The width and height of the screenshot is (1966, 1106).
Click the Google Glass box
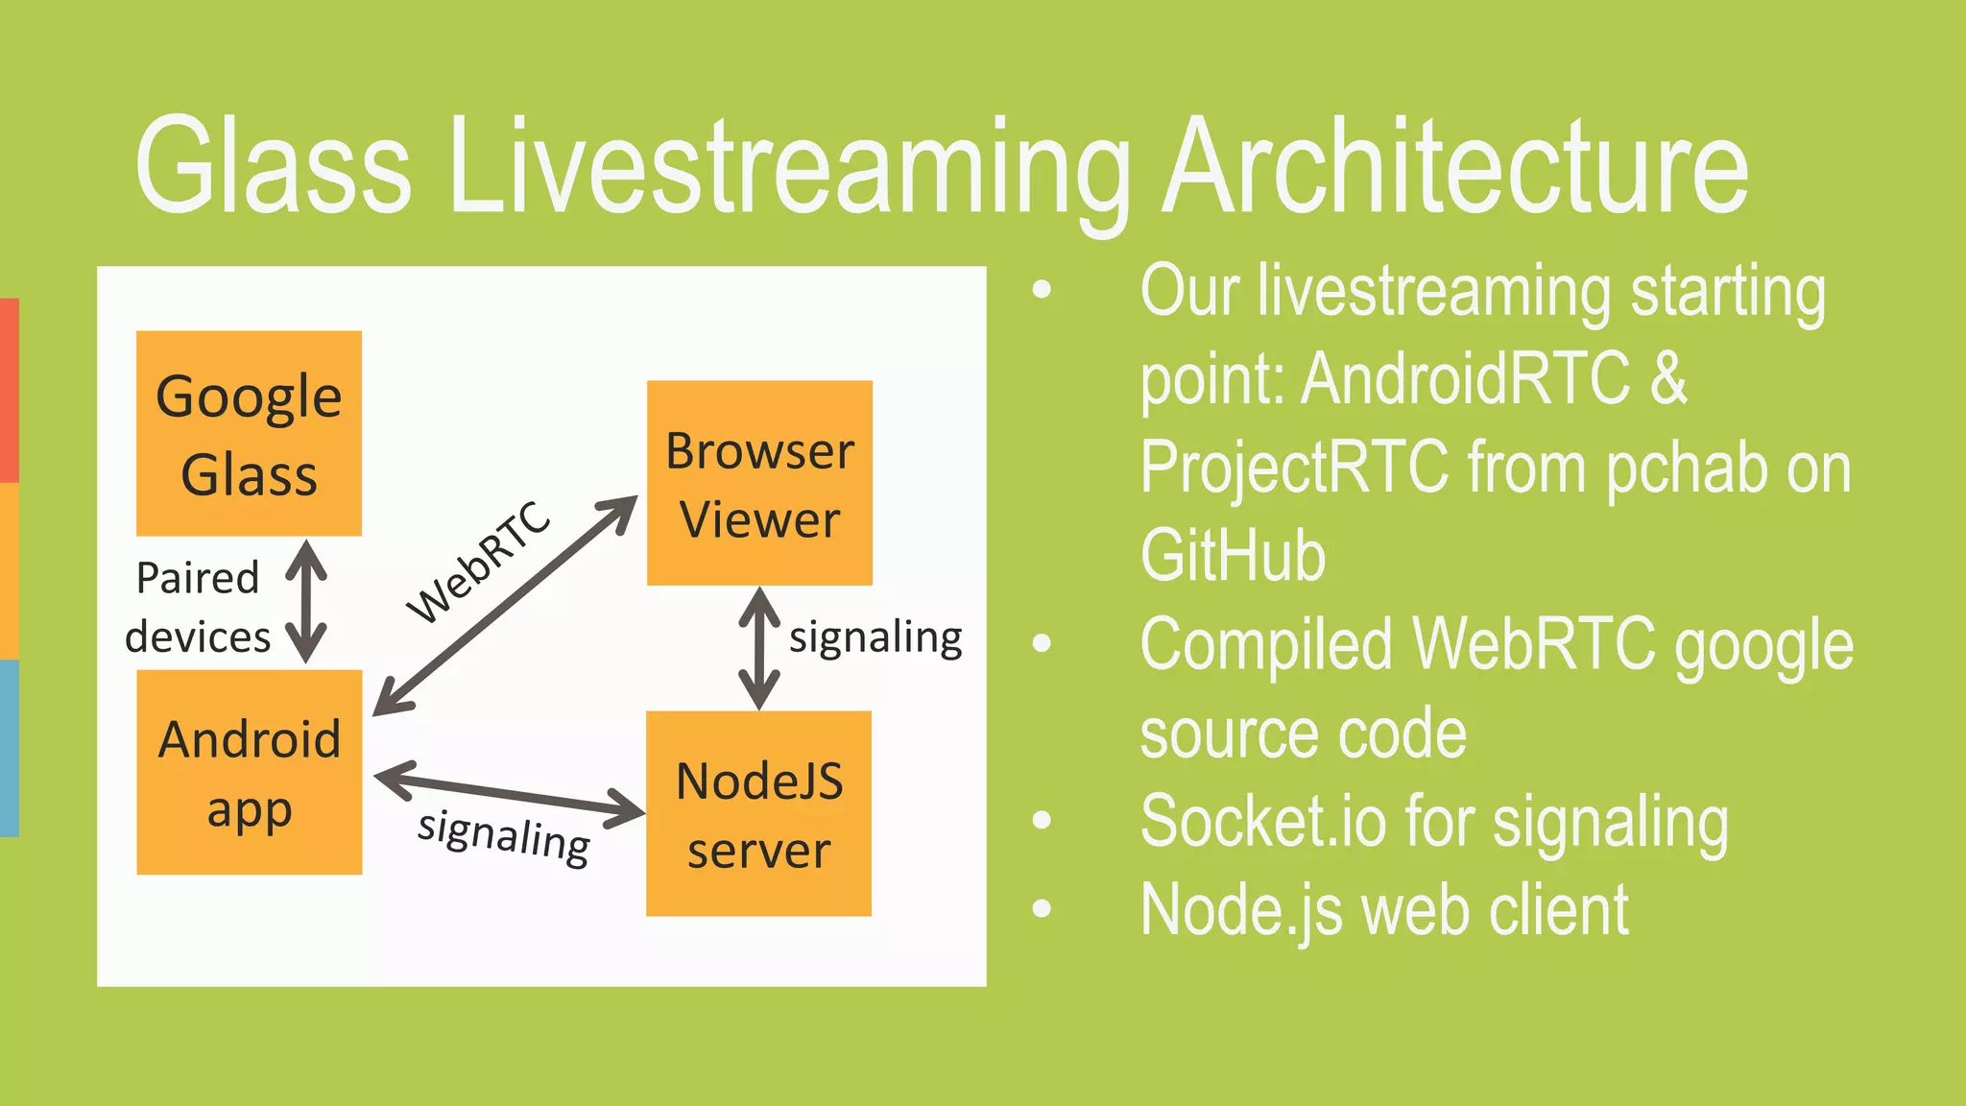[249, 433]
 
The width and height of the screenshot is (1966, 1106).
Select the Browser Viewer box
[759, 483]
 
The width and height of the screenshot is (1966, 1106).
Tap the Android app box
[250, 772]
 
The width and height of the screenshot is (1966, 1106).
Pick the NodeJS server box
[758, 813]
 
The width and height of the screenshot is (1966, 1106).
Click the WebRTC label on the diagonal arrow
[478, 562]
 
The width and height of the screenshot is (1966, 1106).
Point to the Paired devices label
[198, 608]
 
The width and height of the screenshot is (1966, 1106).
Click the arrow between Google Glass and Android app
[306, 602]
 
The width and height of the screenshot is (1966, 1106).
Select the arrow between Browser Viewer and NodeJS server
[759, 648]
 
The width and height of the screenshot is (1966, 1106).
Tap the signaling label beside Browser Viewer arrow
[875, 637]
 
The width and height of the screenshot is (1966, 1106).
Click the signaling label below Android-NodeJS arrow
[504, 836]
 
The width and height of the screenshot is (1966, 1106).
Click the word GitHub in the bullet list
[1233, 555]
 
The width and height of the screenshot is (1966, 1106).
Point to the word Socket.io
[1262, 821]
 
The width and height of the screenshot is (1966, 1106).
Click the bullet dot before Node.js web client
[1042, 908]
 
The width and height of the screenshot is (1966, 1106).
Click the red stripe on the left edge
[9, 390]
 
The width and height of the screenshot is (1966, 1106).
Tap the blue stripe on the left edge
[9, 747]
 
